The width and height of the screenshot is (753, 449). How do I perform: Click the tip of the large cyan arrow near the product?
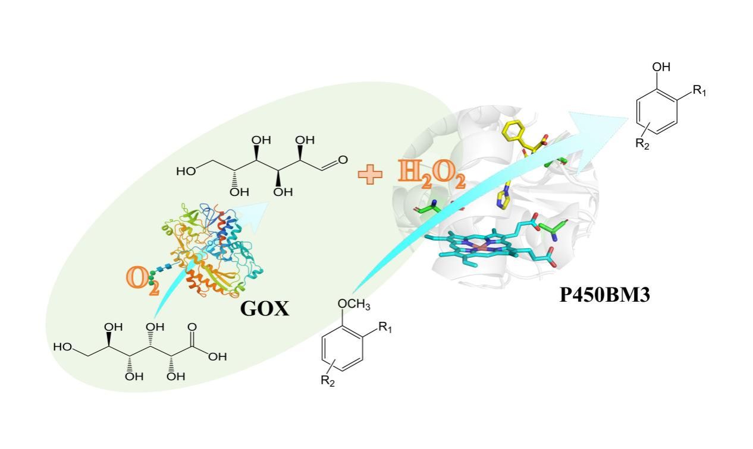click(627, 118)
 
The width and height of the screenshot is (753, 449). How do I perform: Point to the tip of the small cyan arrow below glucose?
click(269, 203)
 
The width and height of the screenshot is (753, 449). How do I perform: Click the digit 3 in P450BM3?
click(643, 295)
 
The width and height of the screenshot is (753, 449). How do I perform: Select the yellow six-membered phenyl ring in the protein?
click(512, 130)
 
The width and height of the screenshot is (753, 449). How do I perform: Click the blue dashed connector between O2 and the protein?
click(165, 268)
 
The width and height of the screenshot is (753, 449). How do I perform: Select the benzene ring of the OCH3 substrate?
click(342, 349)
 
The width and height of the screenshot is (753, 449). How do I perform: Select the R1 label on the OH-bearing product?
click(699, 91)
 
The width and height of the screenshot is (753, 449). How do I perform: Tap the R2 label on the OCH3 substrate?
click(328, 381)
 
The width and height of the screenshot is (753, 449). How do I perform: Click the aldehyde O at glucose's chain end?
click(343, 160)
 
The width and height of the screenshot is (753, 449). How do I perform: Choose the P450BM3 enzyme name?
click(604, 295)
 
